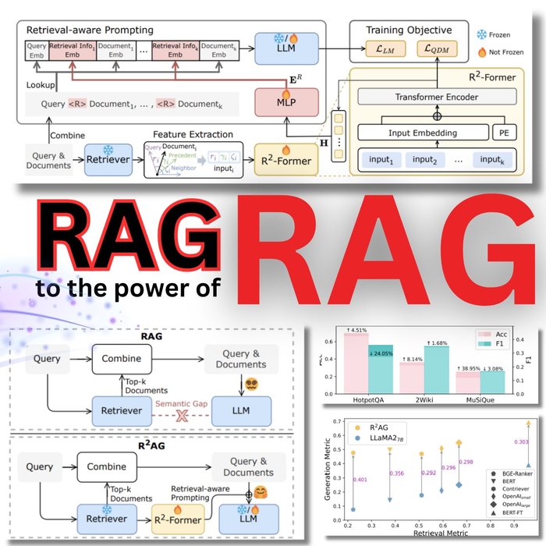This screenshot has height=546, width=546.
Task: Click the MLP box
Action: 278,103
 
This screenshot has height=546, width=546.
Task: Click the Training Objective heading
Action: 409,29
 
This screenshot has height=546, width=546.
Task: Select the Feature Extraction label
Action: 190,135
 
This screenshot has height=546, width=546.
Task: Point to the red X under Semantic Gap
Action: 182,417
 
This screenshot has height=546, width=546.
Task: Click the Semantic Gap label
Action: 182,403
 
